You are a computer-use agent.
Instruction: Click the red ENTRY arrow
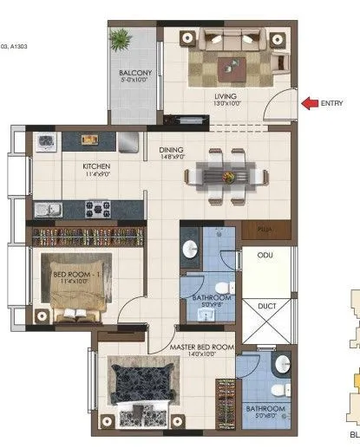309,104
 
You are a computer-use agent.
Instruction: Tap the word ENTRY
332,104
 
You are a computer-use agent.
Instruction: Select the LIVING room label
226,96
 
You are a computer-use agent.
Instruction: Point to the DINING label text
172,149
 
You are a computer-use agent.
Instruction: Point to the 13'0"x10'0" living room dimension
226,105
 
